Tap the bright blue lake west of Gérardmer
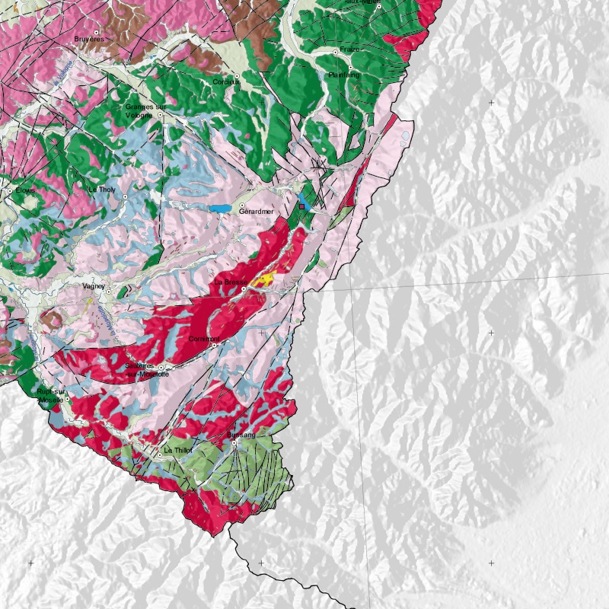point(220,208)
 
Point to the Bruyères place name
point(88,40)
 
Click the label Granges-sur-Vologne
point(145,111)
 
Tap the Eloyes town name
point(25,190)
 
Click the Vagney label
point(95,286)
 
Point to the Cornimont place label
point(203,339)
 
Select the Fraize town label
point(349,49)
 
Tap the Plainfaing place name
point(343,75)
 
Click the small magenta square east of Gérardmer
point(302,206)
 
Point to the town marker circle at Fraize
point(336,52)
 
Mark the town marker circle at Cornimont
point(215,345)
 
